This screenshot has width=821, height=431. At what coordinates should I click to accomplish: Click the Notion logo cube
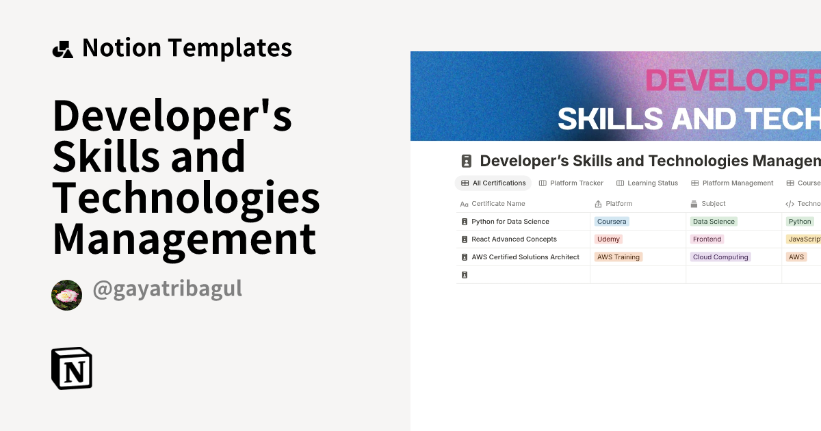coord(72,368)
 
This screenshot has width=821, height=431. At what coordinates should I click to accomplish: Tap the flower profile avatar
coord(66,295)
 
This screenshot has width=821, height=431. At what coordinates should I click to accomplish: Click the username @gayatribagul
coord(167,289)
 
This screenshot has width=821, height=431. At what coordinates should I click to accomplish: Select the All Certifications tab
coord(493,183)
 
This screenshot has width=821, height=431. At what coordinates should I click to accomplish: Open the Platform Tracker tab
coord(571,183)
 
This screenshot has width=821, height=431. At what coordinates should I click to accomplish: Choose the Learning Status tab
coord(647,183)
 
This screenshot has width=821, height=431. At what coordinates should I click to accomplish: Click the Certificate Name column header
coord(498,204)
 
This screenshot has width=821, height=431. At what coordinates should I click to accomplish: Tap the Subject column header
coord(713,204)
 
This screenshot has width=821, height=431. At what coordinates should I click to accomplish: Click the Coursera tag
coord(611,222)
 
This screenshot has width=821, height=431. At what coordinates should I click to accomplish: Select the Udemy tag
coord(608,239)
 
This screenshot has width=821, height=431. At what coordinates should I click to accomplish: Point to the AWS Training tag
coord(618,257)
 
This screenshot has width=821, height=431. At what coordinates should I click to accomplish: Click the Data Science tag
coord(713,222)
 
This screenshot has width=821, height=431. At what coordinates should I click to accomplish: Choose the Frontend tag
coord(707,239)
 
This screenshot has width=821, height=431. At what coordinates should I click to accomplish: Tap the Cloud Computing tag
coord(720,257)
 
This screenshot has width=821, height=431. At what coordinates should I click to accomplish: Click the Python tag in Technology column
coord(799,222)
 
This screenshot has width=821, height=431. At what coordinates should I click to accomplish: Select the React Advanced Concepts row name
coord(514,239)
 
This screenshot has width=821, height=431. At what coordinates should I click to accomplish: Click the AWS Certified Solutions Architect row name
coord(525,257)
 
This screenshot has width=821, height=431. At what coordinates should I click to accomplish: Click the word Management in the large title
coord(184,239)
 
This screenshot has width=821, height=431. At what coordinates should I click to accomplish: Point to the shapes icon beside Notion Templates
coord(62,49)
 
